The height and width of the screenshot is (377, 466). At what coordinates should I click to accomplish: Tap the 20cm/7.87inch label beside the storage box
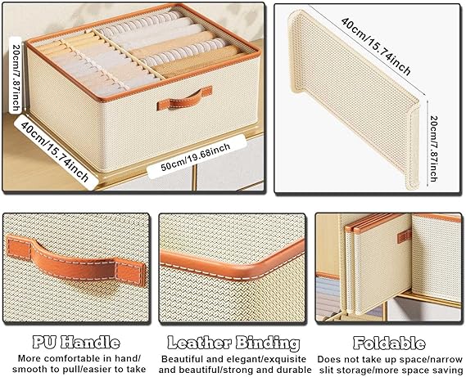click(x=16, y=75)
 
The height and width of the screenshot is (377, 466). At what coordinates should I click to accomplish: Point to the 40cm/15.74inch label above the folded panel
click(x=376, y=47)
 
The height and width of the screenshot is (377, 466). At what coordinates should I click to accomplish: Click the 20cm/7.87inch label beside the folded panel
click(x=433, y=149)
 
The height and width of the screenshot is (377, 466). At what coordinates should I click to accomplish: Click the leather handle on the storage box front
click(x=184, y=98)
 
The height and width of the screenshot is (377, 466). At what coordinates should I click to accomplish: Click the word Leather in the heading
click(x=199, y=343)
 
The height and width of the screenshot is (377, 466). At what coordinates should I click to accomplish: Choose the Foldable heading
click(x=389, y=343)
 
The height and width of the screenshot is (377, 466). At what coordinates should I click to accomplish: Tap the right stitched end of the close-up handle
click(x=130, y=272)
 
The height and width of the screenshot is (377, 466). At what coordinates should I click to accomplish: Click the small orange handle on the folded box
click(x=405, y=236)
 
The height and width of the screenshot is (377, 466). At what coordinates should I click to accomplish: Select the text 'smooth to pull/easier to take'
click(x=79, y=370)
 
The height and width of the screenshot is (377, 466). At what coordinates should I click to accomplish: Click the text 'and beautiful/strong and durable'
click(x=235, y=370)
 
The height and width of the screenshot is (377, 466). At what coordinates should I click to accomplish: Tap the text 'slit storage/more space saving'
click(x=391, y=370)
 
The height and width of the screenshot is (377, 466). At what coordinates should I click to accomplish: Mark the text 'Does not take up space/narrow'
click(x=390, y=359)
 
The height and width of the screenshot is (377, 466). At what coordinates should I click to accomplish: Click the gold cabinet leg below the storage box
click(x=194, y=177)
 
